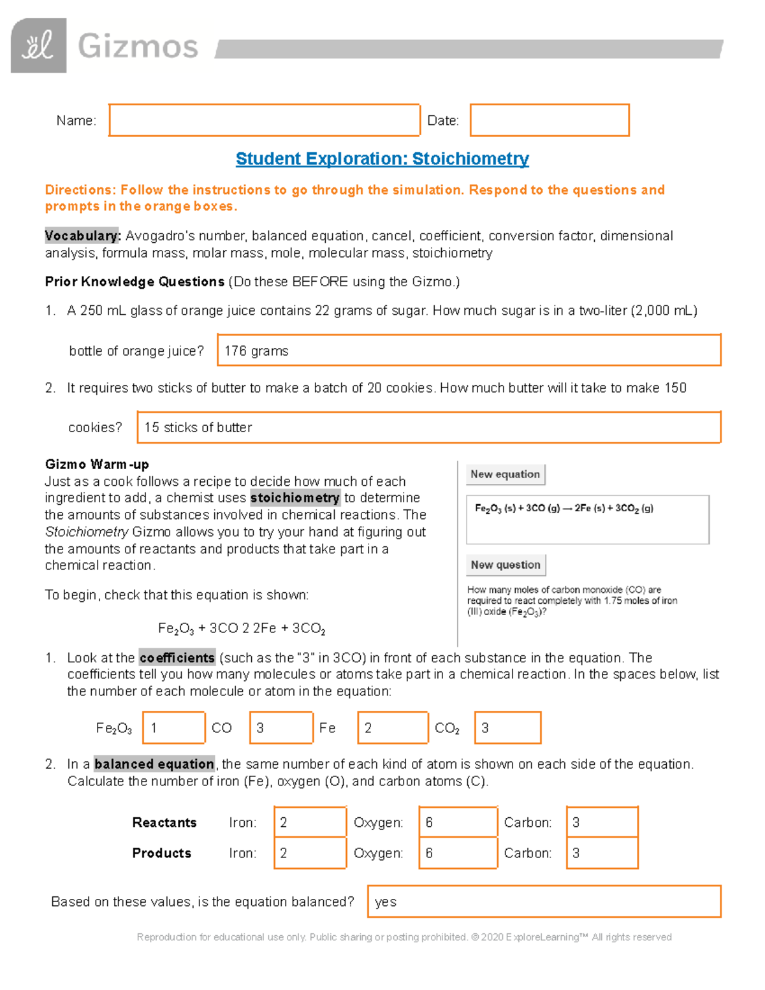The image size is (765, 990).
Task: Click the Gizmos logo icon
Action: click(x=38, y=45)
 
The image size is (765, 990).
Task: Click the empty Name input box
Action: click(x=264, y=120)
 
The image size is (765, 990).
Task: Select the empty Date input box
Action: click(x=550, y=120)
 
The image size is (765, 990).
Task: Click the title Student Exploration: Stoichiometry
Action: click(x=382, y=159)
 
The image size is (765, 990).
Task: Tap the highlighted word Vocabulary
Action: click(x=82, y=236)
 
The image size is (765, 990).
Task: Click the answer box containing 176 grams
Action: click(x=469, y=350)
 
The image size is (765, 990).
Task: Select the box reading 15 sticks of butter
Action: click(x=428, y=427)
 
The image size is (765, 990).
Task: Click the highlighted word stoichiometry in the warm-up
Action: click(x=295, y=498)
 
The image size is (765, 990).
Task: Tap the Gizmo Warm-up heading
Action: click(x=97, y=464)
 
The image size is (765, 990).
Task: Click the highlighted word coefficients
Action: click(x=177, y=658)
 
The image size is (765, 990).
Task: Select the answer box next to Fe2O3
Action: click(x=174, y=727)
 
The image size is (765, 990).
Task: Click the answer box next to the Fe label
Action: click(x=392, y=727)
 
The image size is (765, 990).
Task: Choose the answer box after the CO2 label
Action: click(x=507, y=727)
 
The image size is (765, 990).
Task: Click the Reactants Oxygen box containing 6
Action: click(x=458, y=822)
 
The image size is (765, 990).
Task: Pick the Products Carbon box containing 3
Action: click(x=602, y=853)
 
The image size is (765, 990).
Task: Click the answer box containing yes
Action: click(x=544, y=901)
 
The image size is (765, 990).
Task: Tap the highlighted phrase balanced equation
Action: click(x=154, y=764)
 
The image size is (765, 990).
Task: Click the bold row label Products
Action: click(x=161, y=853)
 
